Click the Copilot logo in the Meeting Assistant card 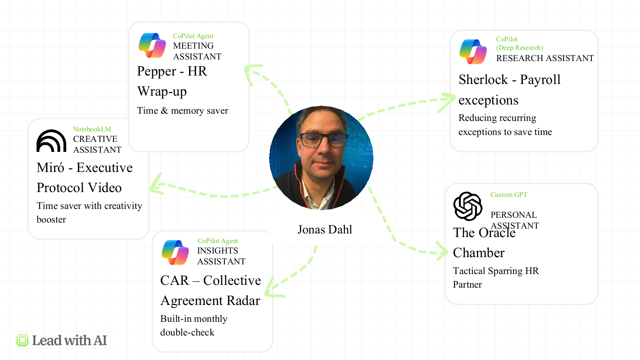(152, 45)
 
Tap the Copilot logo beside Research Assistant (473, 51)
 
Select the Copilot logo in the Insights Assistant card (175, 252)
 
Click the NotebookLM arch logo (51, 141)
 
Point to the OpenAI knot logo (468, 206)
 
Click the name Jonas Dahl (324, 229)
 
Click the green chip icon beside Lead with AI (22, 340)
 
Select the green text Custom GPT (509, 194)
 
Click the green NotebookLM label (92, 129)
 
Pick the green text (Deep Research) (520, 47)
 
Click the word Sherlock (483, 80)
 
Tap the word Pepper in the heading (157, 72)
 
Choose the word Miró (50, 168)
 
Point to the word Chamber (479, 253)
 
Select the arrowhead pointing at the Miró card (156, 185)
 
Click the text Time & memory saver (182, 110)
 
